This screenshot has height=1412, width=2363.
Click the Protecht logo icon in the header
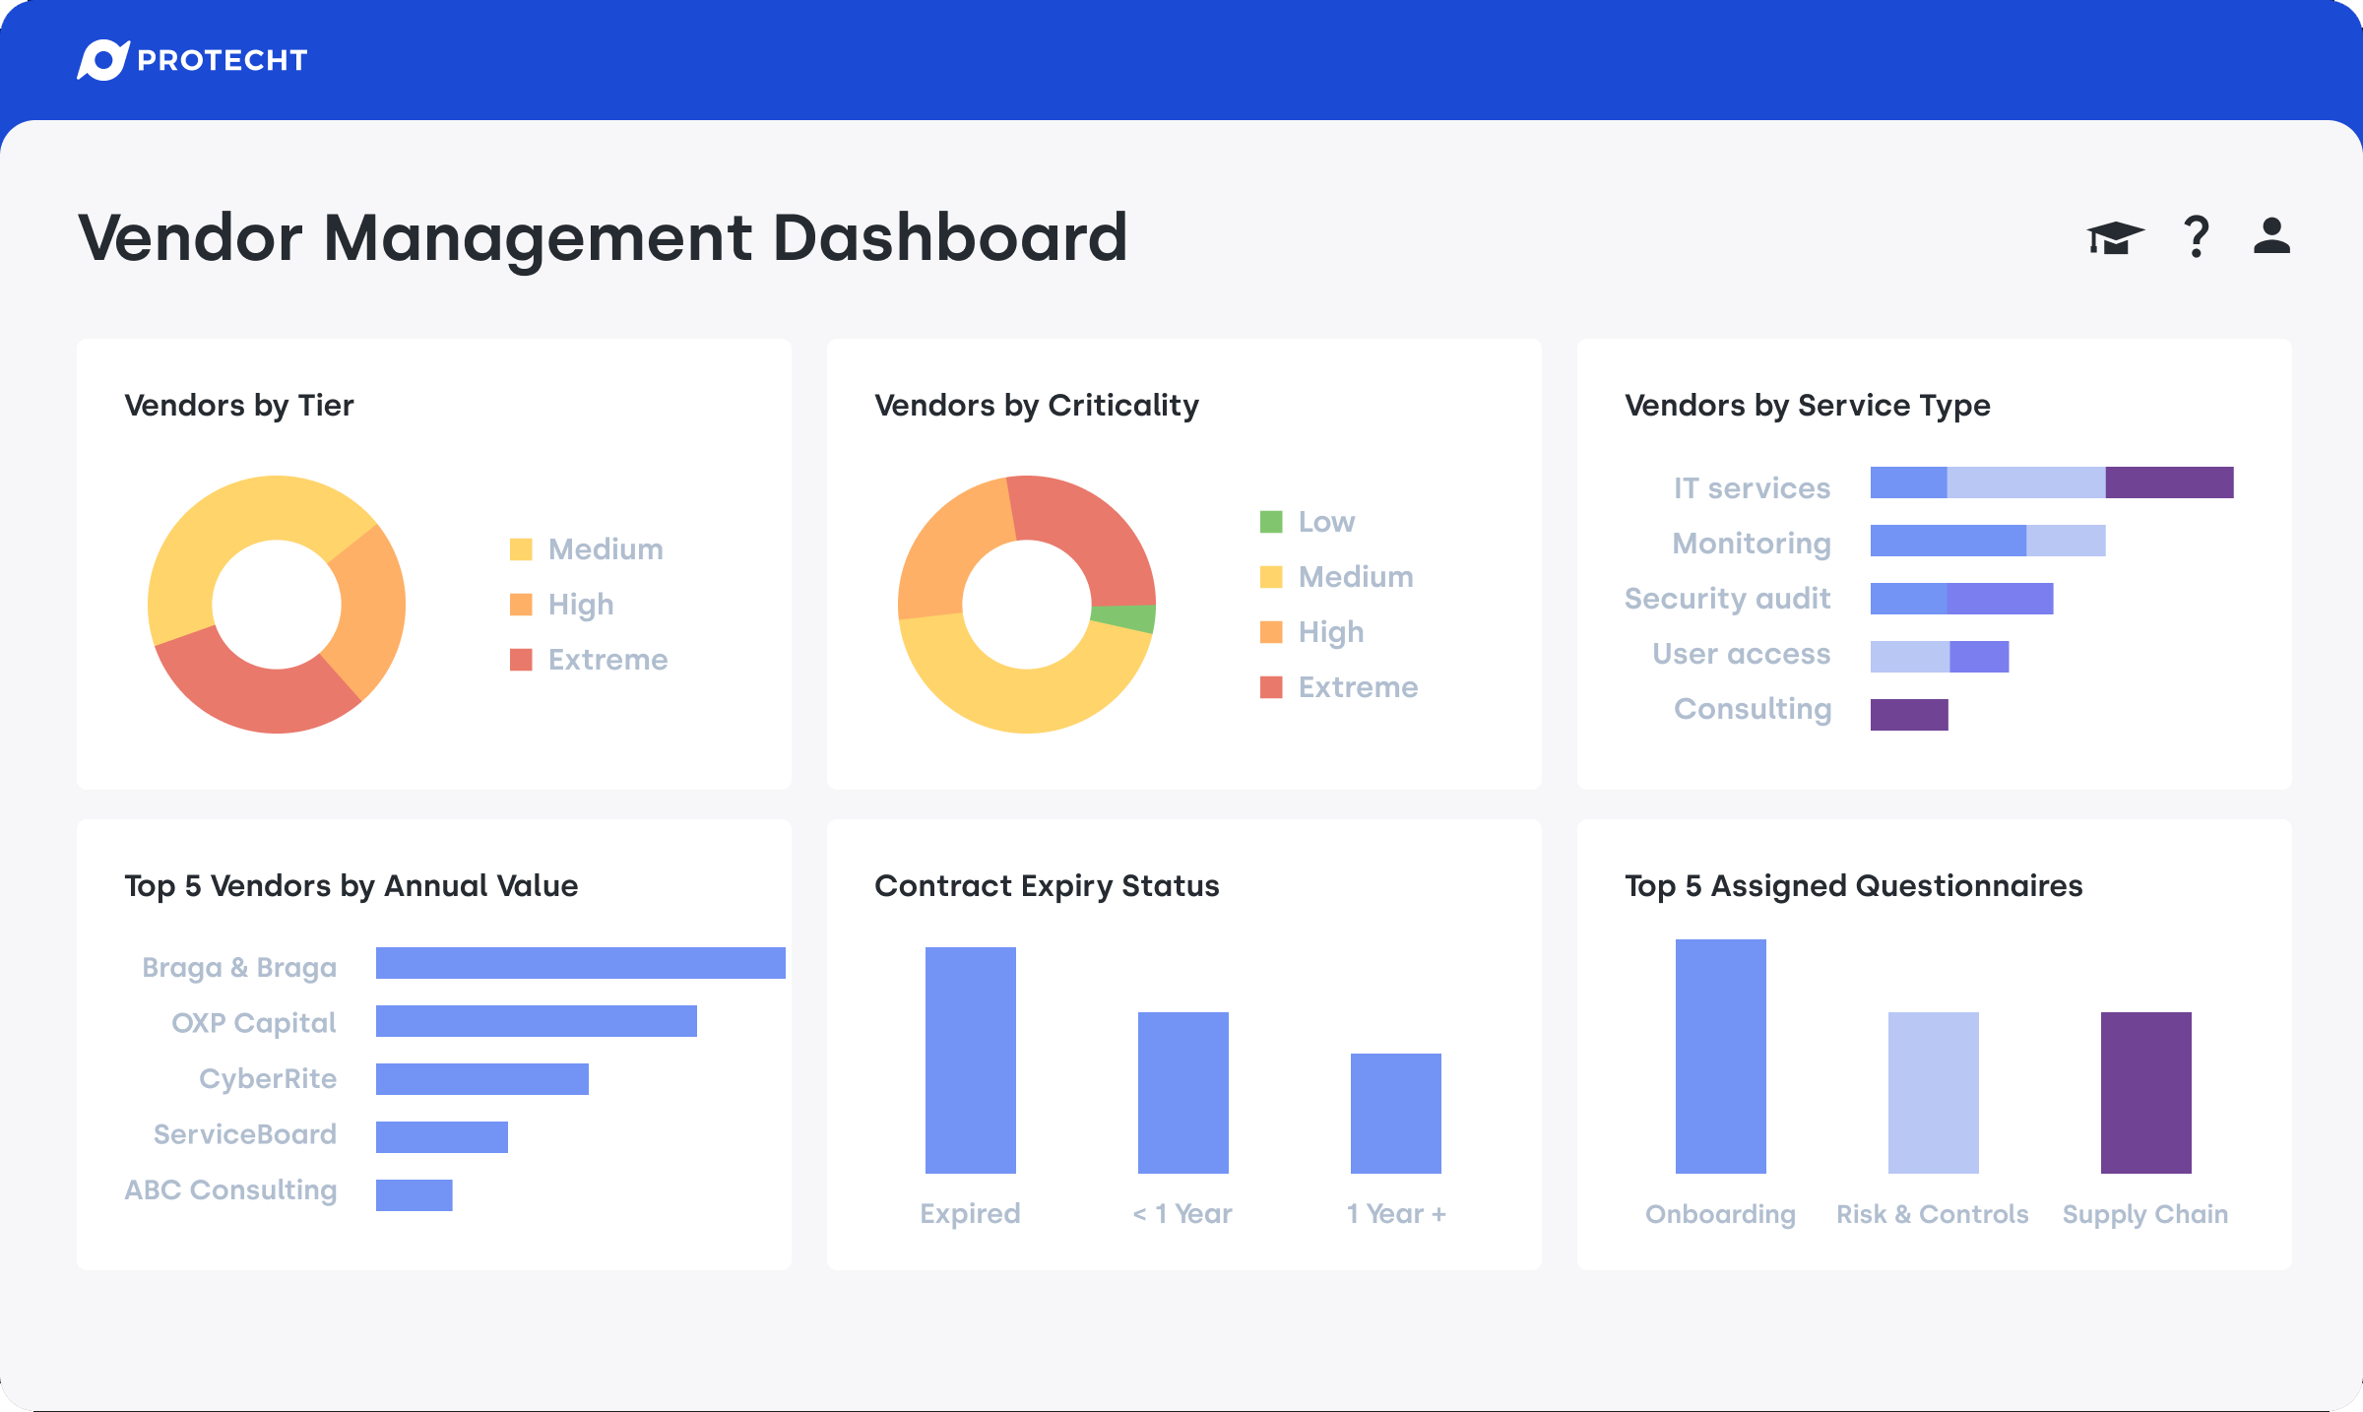(103, 60)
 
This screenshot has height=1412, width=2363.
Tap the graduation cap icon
(2114, 237)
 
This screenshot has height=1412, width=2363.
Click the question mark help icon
(2196, 237)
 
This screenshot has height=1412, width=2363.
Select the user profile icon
(2271, 236)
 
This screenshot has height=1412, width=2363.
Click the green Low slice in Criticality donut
(1124, 618)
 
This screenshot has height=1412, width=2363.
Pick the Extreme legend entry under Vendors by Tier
(589, 660)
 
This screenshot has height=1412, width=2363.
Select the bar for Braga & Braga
(580, 963)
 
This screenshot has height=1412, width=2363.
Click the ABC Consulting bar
(414, 1195)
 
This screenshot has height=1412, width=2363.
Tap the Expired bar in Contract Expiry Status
(970, 1060)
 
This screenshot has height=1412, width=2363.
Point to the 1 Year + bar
(1395, 1114)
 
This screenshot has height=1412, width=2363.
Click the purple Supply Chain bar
(2145, 1093)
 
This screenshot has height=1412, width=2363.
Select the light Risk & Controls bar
(1933, 1093)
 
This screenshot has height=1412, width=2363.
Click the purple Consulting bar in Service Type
(1909, 715)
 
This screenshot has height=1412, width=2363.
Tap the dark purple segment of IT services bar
(2169, 482)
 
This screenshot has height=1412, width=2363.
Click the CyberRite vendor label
(268, 1079)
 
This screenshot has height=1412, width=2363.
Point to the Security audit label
(1727, 599)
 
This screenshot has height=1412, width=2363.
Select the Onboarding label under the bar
(1720, 1214)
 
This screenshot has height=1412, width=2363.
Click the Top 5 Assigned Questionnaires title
(1853, 886)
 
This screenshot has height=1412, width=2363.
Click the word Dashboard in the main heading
(950, 238)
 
